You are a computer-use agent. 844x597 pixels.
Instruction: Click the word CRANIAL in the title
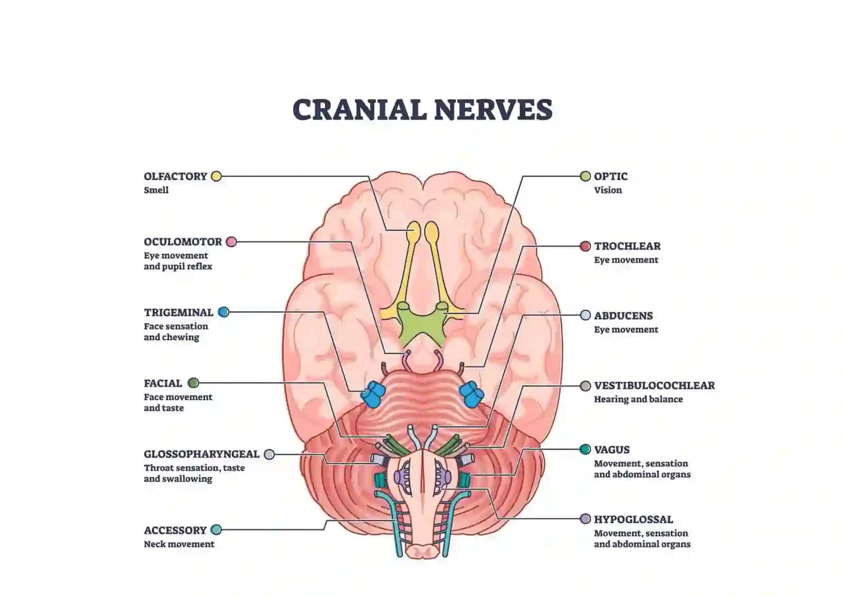click(359, 110)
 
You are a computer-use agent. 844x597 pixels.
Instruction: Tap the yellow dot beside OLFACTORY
click(216, 176)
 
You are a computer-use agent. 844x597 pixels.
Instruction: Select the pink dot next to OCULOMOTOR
click(232, 242)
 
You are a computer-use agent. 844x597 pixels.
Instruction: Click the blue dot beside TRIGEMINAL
click(224, 312)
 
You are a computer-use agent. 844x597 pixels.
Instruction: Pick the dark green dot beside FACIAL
click(193, 383)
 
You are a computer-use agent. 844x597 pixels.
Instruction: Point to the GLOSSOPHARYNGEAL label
click(202, 454)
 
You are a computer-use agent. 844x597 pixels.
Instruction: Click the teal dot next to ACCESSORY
click(216, 530)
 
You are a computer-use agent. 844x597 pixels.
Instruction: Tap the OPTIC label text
click(611, 176)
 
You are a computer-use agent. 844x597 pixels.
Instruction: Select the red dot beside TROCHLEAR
click(585, 246)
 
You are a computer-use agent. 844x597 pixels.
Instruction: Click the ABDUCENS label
click(624, 315)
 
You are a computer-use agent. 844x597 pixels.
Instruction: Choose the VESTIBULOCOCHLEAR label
click(655, 386)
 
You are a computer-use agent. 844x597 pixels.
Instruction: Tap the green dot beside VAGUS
click(585, 449)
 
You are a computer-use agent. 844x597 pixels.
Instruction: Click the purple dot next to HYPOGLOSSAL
click(585, 519)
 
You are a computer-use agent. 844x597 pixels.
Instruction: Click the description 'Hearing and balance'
click(638, 399)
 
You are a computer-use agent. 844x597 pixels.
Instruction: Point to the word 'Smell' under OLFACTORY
click(156, 190)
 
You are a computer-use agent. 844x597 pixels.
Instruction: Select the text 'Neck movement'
click(179, 544)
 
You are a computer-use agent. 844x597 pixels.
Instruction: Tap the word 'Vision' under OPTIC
click(608, 190)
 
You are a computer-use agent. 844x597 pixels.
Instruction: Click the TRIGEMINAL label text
click(179, 313)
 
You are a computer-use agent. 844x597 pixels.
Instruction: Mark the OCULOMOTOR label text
click(183, 242)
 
